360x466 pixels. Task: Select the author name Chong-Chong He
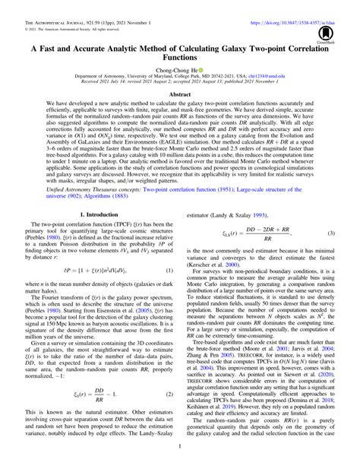(x=177, y=68)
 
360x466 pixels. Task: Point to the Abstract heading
(x=180, y=95)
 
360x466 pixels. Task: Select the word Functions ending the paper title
(x=180, y=55)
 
